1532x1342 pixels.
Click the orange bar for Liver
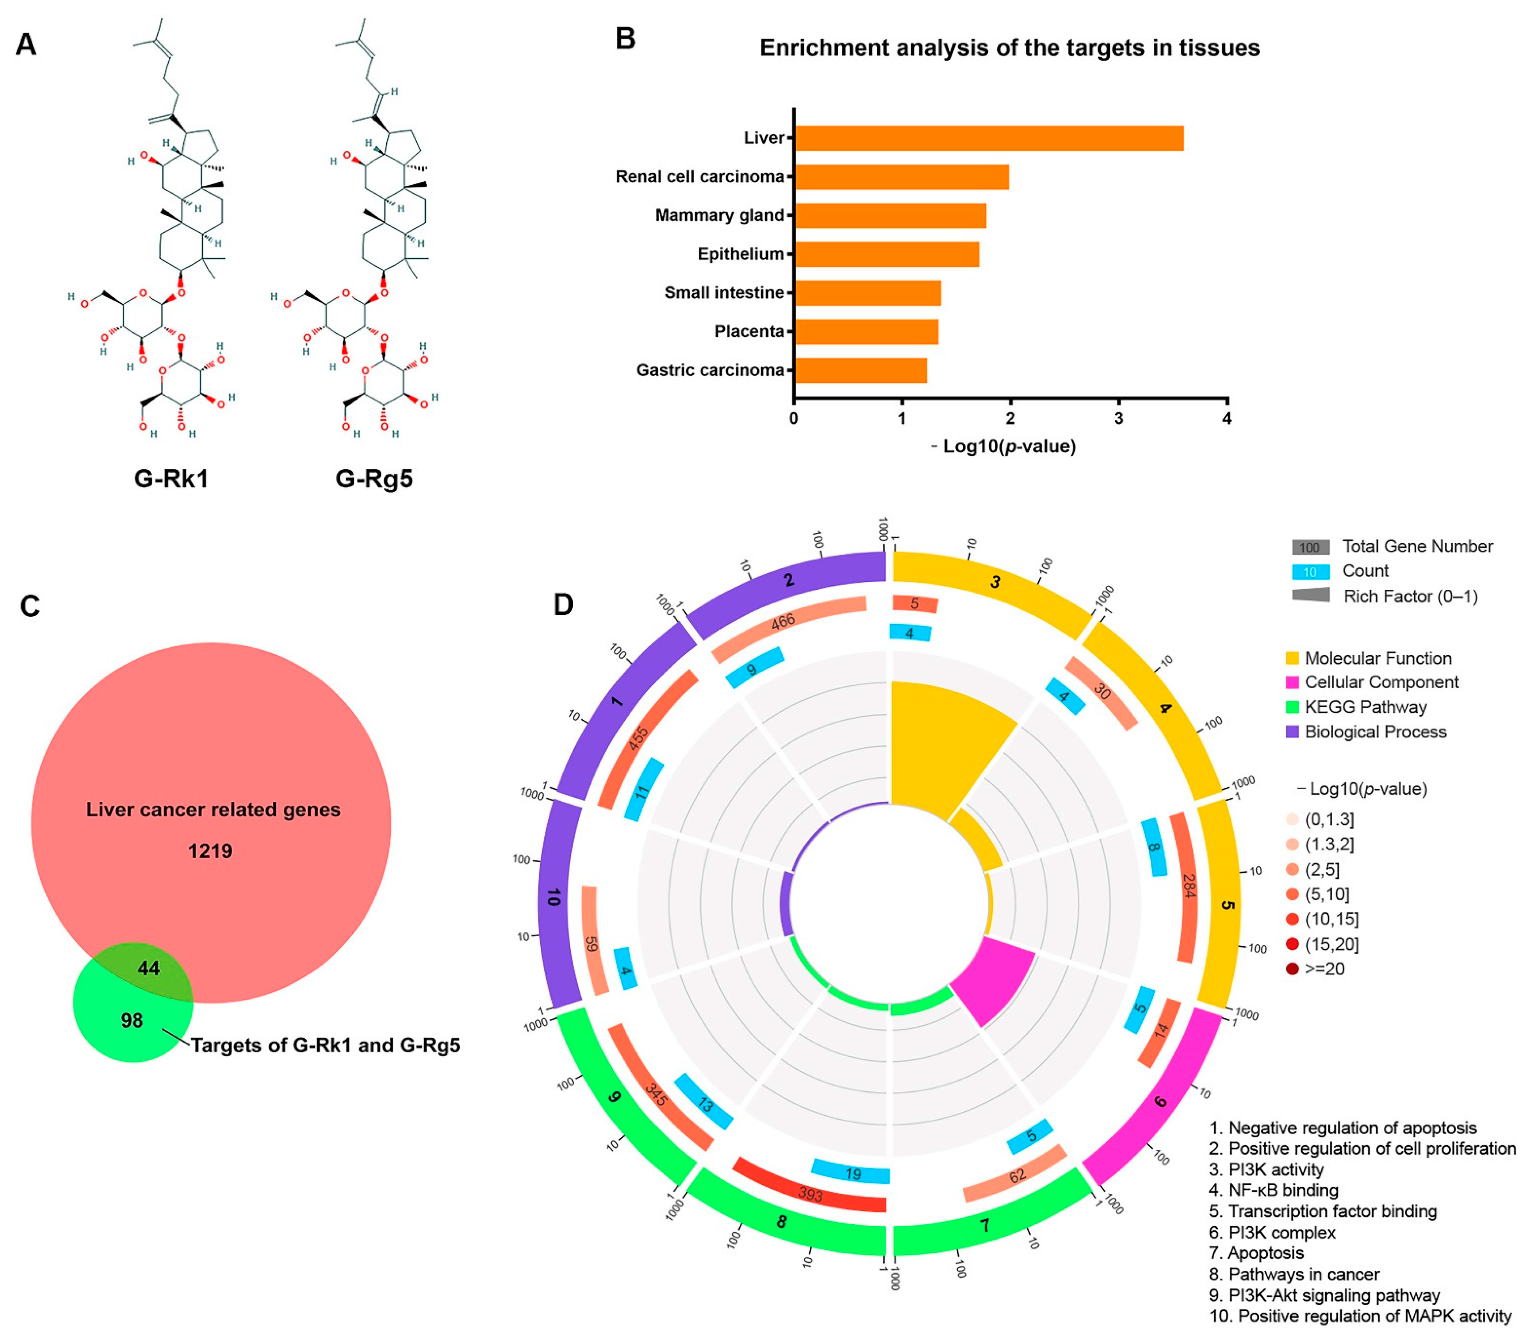click(989, 139)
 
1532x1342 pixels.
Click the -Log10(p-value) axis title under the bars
click(1004, 447)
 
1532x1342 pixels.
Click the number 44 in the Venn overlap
click(148, 968)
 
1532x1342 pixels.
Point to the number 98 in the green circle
click(132, 1020)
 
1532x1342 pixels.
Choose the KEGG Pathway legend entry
click(1365, 707)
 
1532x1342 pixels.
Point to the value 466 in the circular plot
click(783, 621)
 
